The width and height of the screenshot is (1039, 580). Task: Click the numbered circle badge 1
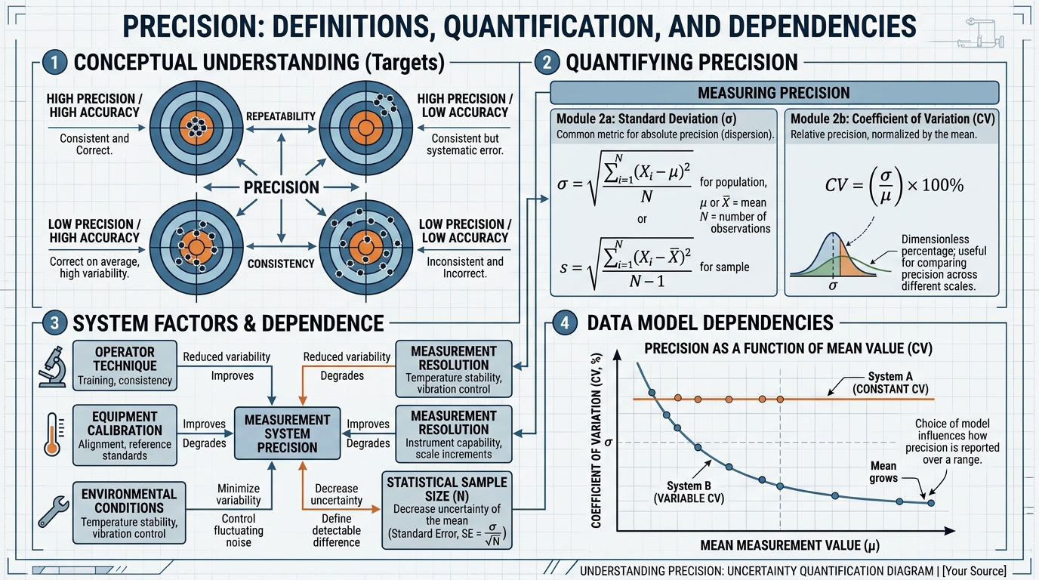point(54,62)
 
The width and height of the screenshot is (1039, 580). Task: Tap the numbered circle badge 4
point(565,322)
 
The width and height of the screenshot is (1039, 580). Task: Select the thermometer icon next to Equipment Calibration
point(53,434)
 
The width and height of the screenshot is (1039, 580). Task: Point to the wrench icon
point(53,512)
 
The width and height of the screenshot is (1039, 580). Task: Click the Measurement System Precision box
point(287,433)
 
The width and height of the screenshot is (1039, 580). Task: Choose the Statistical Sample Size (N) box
point(447,511)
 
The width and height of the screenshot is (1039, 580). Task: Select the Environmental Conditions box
point(129,513)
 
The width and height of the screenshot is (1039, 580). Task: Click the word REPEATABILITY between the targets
point(281,116)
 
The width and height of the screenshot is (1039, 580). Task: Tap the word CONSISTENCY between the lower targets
point(281,264)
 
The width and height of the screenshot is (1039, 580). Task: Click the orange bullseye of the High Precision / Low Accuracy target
point(365,128)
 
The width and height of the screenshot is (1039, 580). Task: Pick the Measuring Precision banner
point(774,93)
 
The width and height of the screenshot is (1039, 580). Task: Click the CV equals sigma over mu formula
point(894,186)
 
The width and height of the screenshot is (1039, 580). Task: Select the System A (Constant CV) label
point(890,383)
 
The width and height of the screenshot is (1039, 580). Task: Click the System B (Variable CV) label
point(689,492)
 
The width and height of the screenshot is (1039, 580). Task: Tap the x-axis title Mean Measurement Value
point(790,545)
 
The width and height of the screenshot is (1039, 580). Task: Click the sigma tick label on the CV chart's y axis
point(608,443)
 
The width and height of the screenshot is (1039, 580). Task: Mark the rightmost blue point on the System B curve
point(930,503)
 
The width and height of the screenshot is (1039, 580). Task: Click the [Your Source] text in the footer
point(974,570)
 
